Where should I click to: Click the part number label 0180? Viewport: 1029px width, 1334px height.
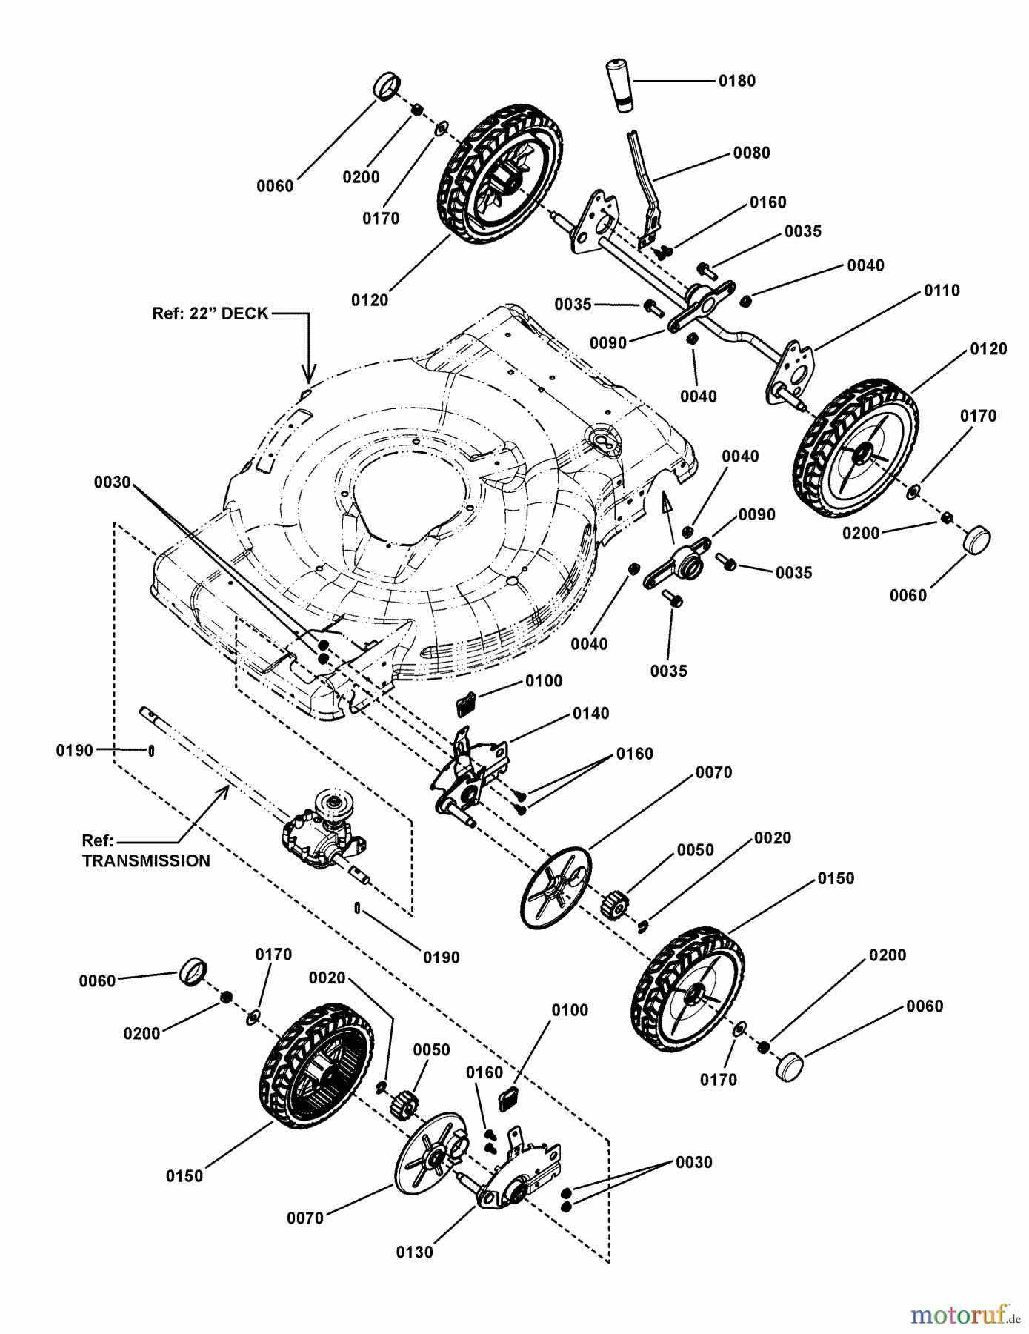click(736, 81)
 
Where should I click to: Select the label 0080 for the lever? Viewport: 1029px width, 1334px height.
click(751, 153)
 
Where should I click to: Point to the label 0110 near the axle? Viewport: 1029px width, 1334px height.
click(941, 291)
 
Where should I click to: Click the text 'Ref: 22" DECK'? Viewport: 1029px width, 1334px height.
click(210, 313)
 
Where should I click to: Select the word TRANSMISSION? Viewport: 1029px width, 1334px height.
click(146, 861)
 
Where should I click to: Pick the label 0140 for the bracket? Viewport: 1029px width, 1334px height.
click(590, 714)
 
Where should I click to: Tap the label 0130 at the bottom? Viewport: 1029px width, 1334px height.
click(414, 1252)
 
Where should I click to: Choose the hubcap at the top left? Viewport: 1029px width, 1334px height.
click(386, 86)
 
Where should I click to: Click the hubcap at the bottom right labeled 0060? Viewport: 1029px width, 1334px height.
click(790, 1066)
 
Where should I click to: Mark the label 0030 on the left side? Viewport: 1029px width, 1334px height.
click(112, 482)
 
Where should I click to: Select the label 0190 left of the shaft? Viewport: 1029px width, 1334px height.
click(74, 751)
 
